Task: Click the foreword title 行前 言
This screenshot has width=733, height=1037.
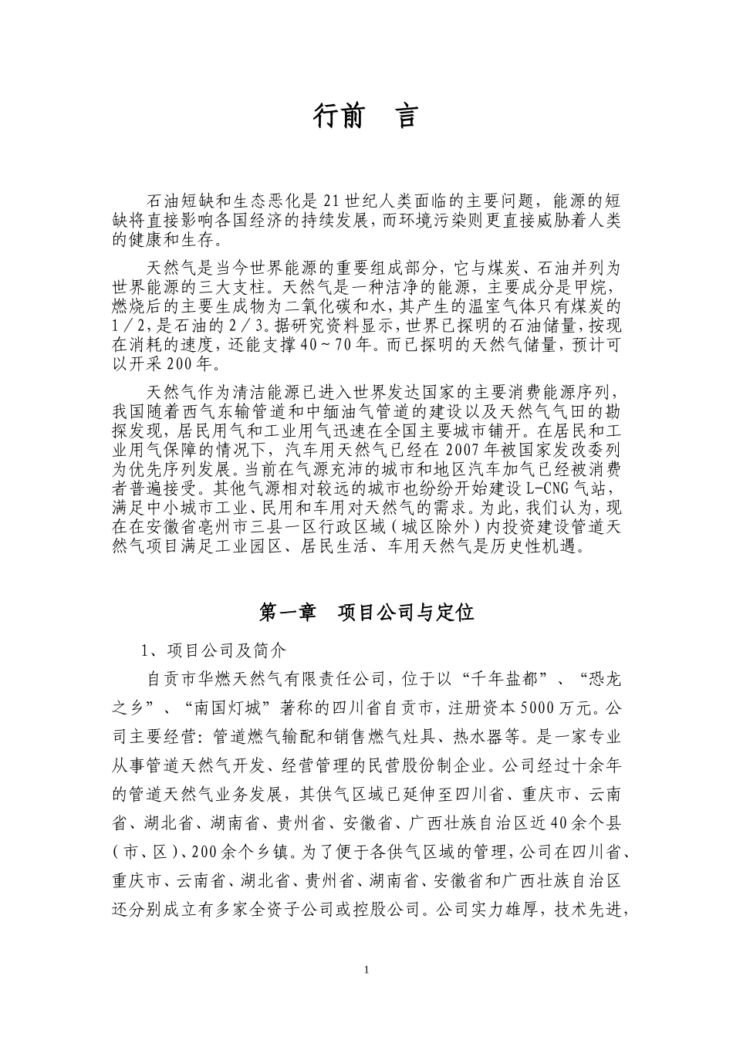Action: pyautogui.click(x=366, y=116)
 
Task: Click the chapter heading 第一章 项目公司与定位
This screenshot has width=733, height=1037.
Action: pyautogui.click(x=366, y=613)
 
